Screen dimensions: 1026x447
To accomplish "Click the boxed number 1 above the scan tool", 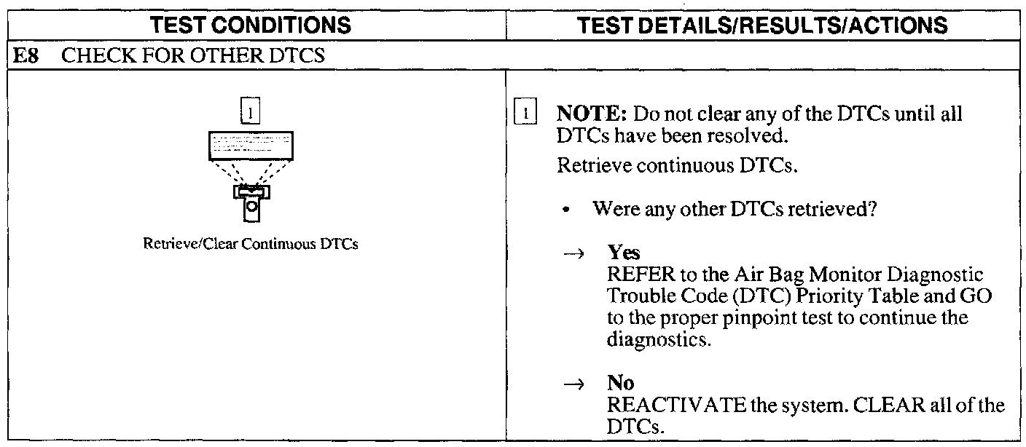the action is point(251,113).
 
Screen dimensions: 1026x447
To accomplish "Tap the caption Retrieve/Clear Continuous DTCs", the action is point(251,244).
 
